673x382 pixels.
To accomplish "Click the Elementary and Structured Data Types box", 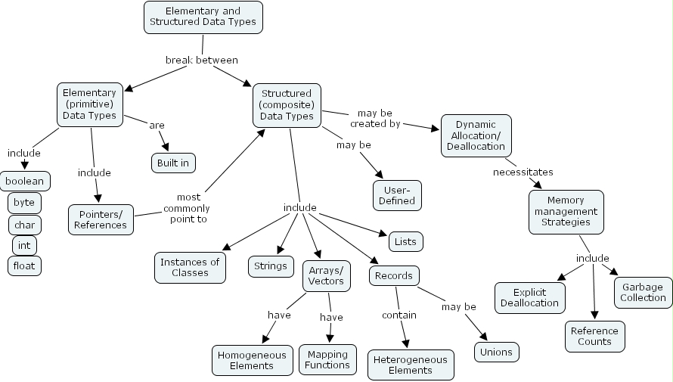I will pos(203,17).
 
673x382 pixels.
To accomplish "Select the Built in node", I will pos(174,163).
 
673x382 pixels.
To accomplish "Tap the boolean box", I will pos(26,182).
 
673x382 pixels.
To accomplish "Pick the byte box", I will pos(25,203).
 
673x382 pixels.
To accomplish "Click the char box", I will pos(25,225).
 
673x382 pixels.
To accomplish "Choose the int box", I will pos(25,245).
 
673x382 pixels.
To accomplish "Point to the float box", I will pos(25,266).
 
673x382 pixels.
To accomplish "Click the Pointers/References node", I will pos(101,219).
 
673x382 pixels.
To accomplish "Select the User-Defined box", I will pos(397,195).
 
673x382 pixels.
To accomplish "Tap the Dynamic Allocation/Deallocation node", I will pos(476,135).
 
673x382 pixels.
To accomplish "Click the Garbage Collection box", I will pos(643,292).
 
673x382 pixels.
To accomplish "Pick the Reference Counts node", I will pos(594,336).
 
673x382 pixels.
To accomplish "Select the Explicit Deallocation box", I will pos(530,297).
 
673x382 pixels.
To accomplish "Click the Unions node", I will pos(497,352).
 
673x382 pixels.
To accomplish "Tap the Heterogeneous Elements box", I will pos(411,365).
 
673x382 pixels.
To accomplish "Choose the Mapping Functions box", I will pos(327,359).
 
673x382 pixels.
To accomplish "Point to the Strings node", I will pos(271,266).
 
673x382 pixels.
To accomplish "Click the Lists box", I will pos(405,242).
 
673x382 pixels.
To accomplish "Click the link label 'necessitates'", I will pos(523,172).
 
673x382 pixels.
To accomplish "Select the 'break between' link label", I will pos(202,60).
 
